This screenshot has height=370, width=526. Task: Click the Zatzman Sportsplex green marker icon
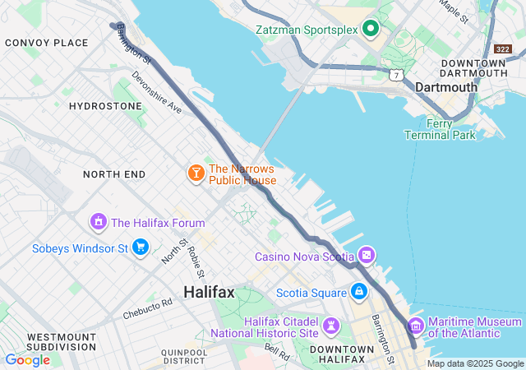click(x=370, y=29)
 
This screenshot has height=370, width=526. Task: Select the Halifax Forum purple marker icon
click(x=99, y=222)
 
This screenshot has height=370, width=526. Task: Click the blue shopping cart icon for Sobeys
click(x=141, y=247)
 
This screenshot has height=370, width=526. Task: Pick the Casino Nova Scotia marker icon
click(x=366, y=257)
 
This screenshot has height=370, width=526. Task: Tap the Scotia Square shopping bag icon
click(x=358, y=291)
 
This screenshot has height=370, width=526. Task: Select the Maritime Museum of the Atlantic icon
click(x=416, y=326)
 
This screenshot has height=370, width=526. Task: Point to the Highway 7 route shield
click(x=397, y=75)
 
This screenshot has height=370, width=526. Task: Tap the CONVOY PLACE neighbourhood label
click(x=46, y=43)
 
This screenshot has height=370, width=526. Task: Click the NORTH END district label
click(x=114, y=174)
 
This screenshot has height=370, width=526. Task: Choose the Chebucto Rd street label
click(x=148, y=308)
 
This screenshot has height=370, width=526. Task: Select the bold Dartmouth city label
click(x=446, y=87)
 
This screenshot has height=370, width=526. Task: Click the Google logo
click(x=27, y=359)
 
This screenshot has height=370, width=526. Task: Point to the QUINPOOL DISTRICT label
click(x=184, y=355)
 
